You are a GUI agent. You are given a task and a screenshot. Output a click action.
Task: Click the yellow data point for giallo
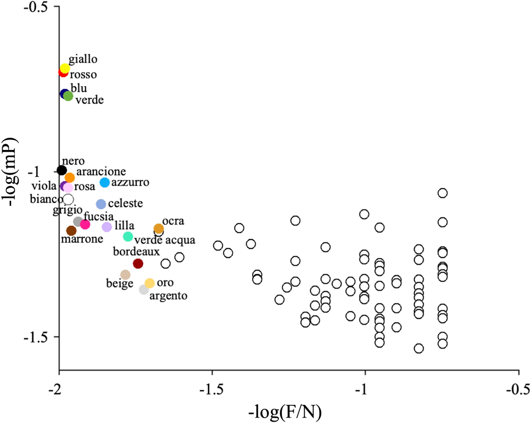click(65, 68)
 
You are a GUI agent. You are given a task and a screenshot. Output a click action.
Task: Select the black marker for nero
click(62, 171)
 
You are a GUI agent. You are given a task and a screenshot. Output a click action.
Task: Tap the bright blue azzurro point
click(105, 182)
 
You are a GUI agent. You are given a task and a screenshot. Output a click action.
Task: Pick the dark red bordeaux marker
click(138, 264)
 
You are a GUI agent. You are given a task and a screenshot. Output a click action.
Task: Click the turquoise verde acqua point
click(128, 236)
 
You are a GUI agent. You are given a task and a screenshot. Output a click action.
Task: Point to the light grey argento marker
click(144, 290)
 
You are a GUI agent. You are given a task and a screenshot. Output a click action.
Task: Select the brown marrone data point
click(71, 231)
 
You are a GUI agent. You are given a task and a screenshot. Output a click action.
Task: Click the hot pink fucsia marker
click(85, 224)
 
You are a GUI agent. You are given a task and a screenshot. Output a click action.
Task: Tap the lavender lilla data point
click(107, 227)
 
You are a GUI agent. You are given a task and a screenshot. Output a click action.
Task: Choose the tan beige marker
click(125, 275)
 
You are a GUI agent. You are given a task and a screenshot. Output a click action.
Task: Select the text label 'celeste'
click(125, 204)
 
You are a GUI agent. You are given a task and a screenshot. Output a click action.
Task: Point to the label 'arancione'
click(101, 172)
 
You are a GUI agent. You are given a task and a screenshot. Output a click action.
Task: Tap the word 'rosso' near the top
click(83, 75)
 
